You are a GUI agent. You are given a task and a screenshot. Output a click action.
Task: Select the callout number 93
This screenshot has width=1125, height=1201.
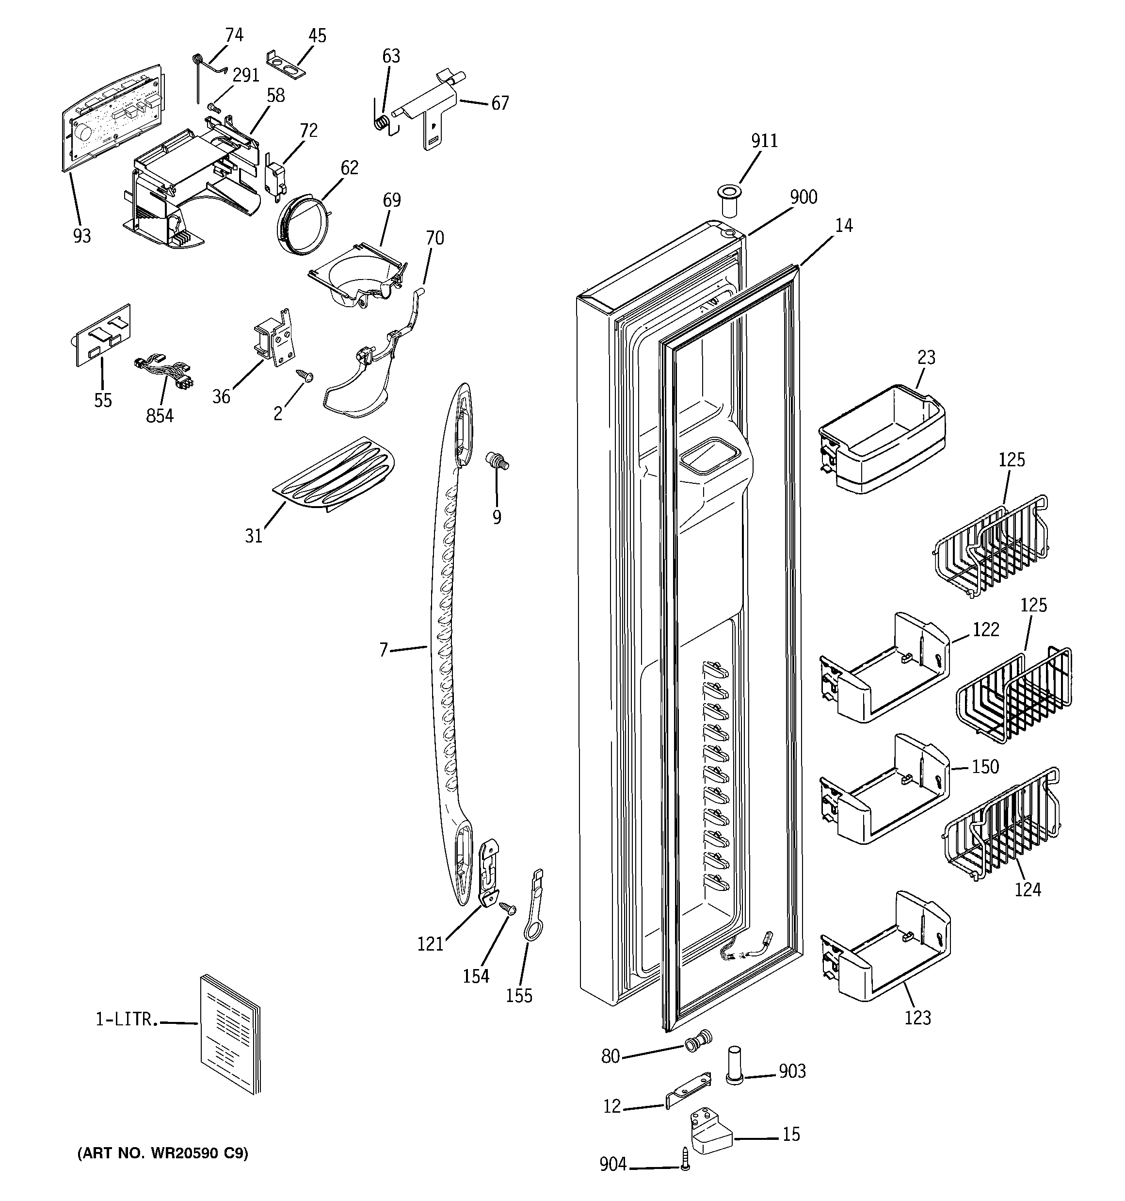(x=82, y=236)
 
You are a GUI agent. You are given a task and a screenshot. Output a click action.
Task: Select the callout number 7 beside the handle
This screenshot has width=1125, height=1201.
(x=384, y=650)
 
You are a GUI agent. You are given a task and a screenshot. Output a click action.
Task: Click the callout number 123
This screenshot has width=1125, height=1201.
(x=917, y=1018)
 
